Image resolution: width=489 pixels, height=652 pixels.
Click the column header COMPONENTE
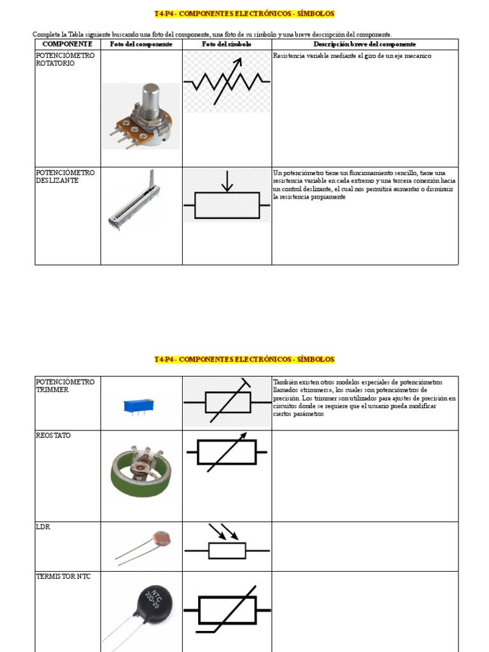point(67,44)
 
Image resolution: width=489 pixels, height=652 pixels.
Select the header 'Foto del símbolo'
point(227,44)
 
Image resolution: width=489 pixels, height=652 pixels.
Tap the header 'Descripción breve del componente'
point(364,44)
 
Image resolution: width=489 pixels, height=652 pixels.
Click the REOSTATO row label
point(53,436)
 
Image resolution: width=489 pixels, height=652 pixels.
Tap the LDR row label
point(43,527)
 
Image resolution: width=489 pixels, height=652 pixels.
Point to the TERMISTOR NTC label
point(64,577)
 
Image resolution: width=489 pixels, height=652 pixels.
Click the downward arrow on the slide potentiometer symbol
point(227,183)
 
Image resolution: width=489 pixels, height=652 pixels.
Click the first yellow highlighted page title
point(244,13)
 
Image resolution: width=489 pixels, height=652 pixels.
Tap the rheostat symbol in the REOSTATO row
point(227,453)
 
